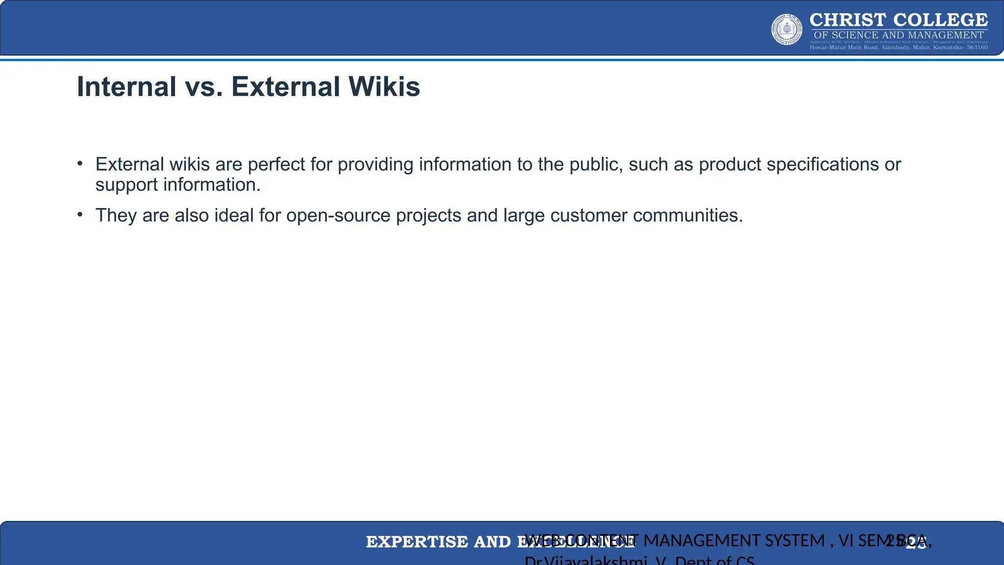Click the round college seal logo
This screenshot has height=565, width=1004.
[x=787, y=29]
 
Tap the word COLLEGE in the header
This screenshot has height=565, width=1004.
[x=940, y=20]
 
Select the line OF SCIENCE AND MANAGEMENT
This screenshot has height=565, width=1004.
[x=899, y=35]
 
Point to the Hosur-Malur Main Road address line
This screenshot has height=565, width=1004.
[x=899, y=48]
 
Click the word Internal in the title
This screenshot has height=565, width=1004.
[x=126, y=87]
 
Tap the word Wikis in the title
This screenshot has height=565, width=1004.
[x=384, y=87]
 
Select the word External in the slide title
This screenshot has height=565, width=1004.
[x=286, y=87]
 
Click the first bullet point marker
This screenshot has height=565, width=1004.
[x=80, y=164]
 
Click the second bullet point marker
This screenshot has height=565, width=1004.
[x=80, y=215]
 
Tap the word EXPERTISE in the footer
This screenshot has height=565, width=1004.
[x=417, y=542]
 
